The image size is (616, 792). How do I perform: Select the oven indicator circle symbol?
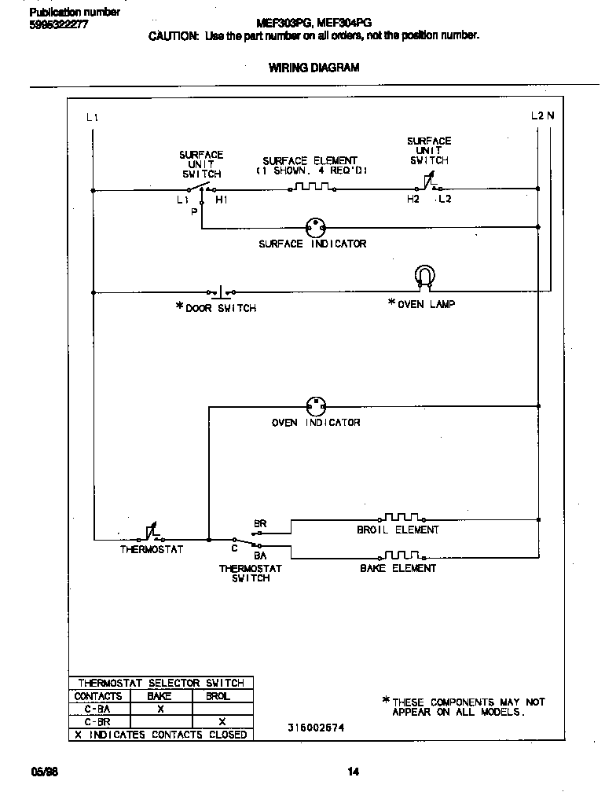[316, 405]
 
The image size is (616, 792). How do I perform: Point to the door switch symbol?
[221, 291]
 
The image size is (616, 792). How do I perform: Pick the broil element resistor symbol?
[403, 517]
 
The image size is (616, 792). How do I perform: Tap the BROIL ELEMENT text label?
[398, 530]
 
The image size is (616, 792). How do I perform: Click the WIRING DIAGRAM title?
[314, 68]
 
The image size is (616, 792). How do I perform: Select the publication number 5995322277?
[59, 24]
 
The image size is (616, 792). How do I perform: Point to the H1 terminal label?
[222, 200]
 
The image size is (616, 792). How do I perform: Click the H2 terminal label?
[413, 200]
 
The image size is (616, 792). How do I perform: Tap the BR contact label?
[260, 523]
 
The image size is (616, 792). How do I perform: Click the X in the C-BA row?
[159, 709]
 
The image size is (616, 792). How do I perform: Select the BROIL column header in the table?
[218, 696]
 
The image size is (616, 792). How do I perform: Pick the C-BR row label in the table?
[97, 721]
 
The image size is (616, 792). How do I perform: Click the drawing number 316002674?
[317, 728]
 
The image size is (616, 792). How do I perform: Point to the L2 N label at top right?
[542, 115]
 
